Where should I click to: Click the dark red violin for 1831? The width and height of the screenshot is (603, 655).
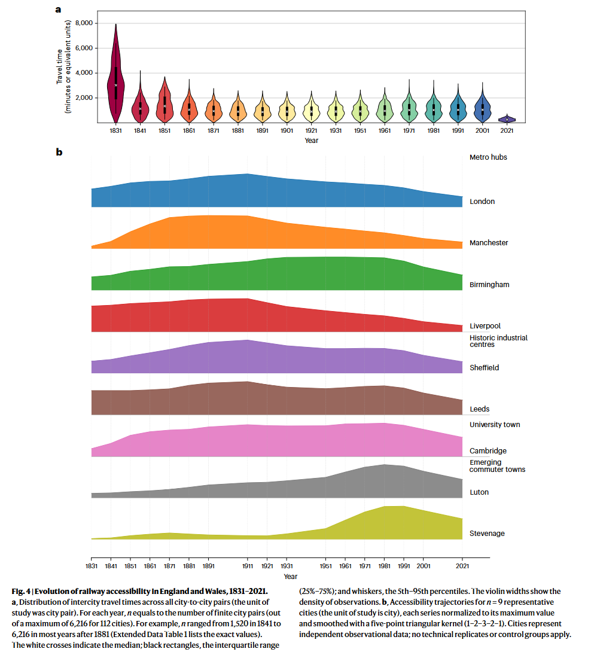(x=115, y=78)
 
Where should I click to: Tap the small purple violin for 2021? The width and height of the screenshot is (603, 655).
(x=507, y=119)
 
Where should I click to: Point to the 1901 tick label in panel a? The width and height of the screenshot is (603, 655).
(x=287, y=130)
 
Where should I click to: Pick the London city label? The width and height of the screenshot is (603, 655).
(x=482, y=202)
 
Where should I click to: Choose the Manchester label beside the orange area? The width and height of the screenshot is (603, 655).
(x=489, y=243)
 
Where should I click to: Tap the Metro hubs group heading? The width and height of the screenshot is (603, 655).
(x=488, y=157)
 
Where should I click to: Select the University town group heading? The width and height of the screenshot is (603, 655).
(x=495, y=425)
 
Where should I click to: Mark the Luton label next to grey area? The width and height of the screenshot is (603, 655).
(x=479, y=492)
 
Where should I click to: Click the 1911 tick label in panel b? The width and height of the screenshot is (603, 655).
(x=247, y=565)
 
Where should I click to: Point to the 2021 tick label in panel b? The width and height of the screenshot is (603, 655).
(x=462, y=565)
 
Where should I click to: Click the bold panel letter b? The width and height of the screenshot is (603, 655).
(x=59, y=153)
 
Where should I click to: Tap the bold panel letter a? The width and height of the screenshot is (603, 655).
(x=58, y=9)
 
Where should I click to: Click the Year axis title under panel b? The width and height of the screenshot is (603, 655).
(x=290, y=577)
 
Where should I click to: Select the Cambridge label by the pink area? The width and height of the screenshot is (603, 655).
(x=488, y=451)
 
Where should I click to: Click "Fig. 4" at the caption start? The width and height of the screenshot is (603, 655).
(x=22, y=592)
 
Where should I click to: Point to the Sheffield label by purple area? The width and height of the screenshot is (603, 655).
(x=484, y=368)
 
